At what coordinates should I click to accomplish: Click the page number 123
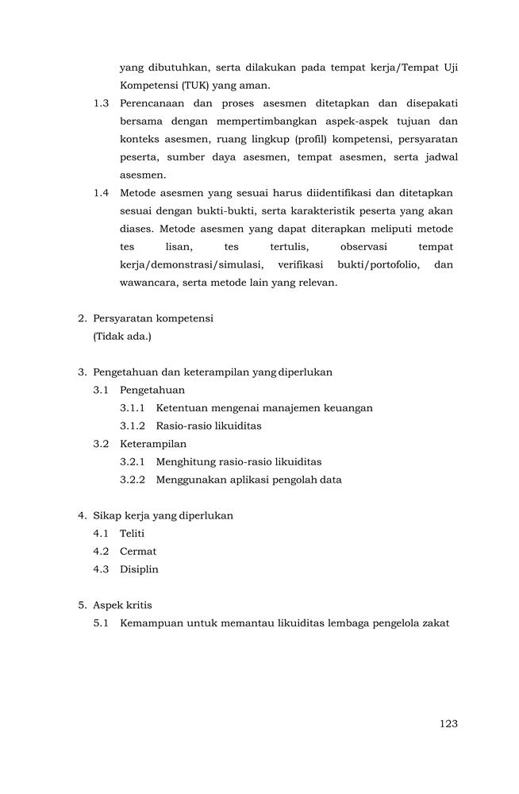[448, 723]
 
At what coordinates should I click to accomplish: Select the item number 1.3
[101, 103]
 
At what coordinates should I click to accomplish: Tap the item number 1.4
[101, 193]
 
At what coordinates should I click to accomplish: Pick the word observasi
[363, 247]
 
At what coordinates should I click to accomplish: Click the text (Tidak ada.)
[122, 336]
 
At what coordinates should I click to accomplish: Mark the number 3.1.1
[133, 408]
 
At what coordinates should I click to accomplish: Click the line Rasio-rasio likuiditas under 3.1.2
[209, 426]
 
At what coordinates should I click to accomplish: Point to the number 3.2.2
[133, 480]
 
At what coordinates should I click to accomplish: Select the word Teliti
[132, 534]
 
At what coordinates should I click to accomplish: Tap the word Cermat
[138, 551]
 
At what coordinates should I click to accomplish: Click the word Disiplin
[139, 569]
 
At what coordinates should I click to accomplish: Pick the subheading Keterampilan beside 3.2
[153, 444]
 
